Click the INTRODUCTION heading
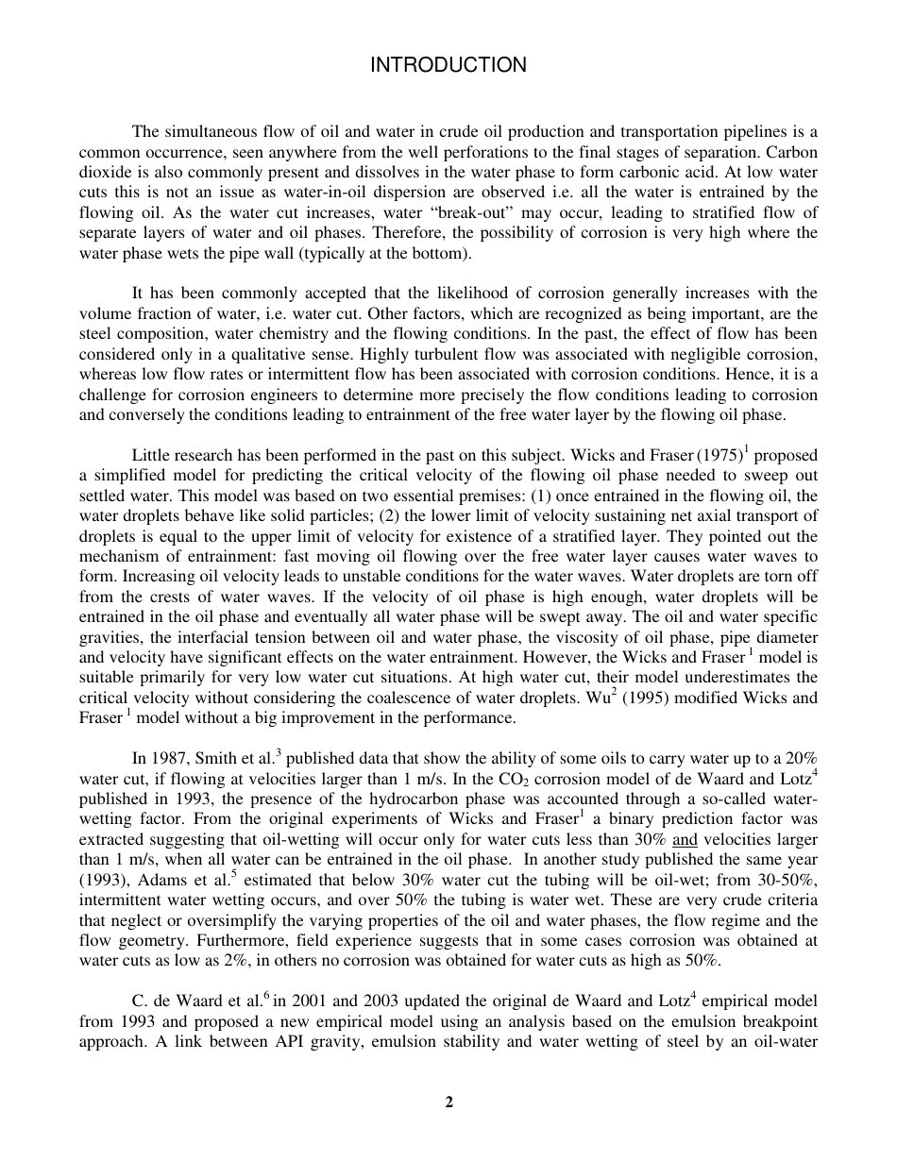pyautogui.click(x=448, y=65)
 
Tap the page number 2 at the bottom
pyautogui.click(x=448, y=1102)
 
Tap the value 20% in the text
pyautogui.click(x=799, y=758)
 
